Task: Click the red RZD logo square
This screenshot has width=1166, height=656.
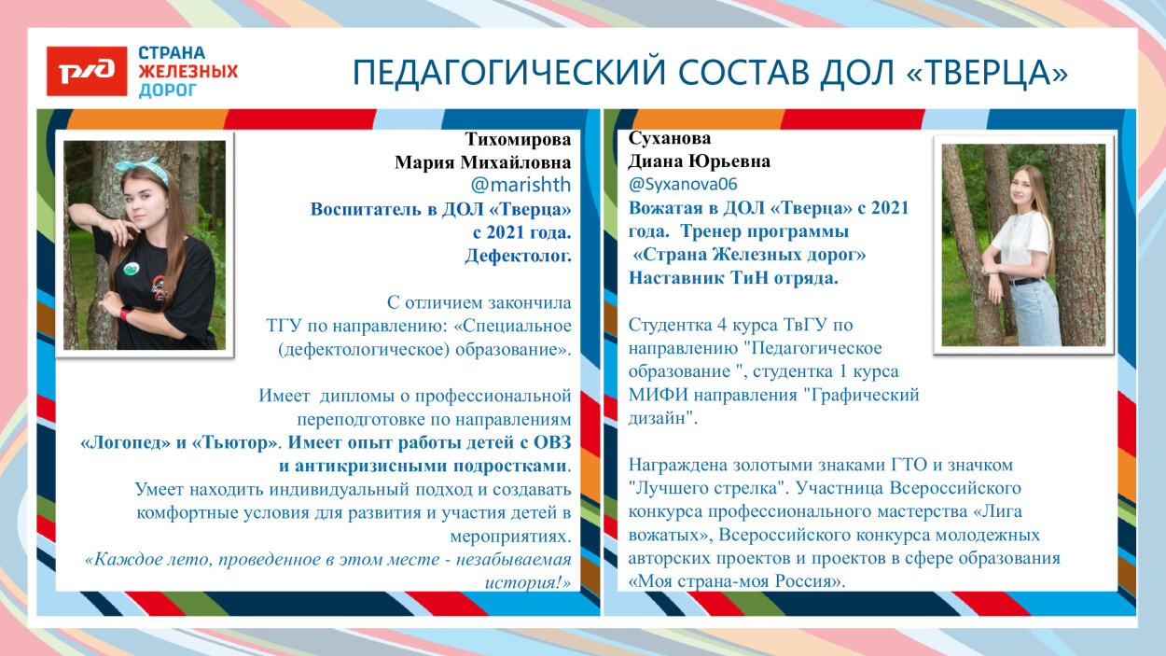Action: click(x=87, y=71)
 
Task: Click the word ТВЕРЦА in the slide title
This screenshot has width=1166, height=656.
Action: click(x=989, y=72)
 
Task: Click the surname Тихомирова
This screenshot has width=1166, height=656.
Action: click(x=518, y=139)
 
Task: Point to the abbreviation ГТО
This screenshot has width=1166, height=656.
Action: click(x=919, y=464)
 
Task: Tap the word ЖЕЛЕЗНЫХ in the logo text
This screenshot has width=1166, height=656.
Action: click(x=187, y=72)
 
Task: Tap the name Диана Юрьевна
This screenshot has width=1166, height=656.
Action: click(x=700, y=161)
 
